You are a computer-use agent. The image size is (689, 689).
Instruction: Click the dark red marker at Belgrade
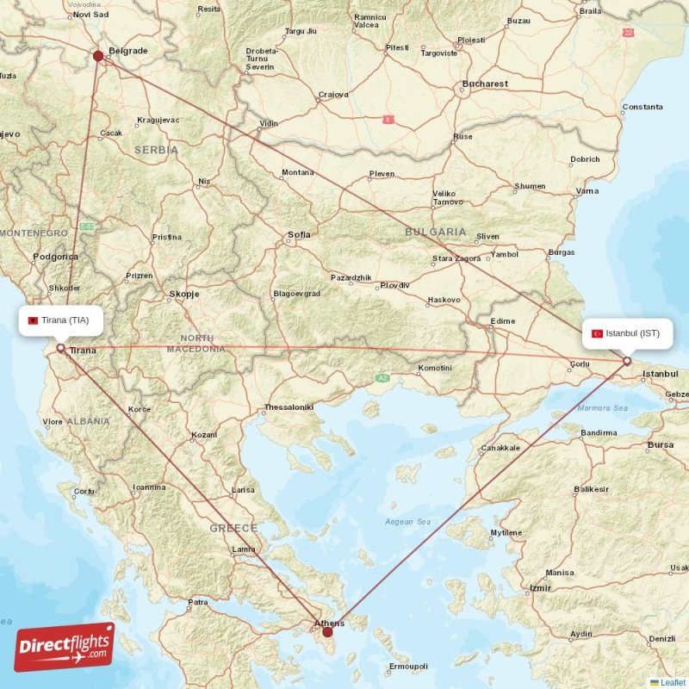pos(98,57)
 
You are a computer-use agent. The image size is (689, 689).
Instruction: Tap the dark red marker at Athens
pos(327,632)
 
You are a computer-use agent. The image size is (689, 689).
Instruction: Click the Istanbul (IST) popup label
pos(626,332)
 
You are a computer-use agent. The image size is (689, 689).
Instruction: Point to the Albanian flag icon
pos(33,320)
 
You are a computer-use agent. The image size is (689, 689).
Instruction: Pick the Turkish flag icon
pos(597,333)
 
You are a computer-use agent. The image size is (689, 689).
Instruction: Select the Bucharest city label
pos(485,84)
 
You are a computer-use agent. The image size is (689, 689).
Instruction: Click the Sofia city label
pos(300,234)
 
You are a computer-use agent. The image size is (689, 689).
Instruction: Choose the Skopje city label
pos(184,294)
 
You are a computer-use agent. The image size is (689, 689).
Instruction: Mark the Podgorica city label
pos(56,257)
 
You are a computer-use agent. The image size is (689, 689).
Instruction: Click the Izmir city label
pos(541,588)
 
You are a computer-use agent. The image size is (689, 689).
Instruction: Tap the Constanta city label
pos(642,108)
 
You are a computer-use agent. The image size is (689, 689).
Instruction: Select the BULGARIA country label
pos(437,232)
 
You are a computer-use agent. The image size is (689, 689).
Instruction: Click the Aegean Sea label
pos(407,522)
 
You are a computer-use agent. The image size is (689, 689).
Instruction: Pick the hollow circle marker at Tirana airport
pos(60,348)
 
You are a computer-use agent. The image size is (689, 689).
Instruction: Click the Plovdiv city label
pos(394,285)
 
